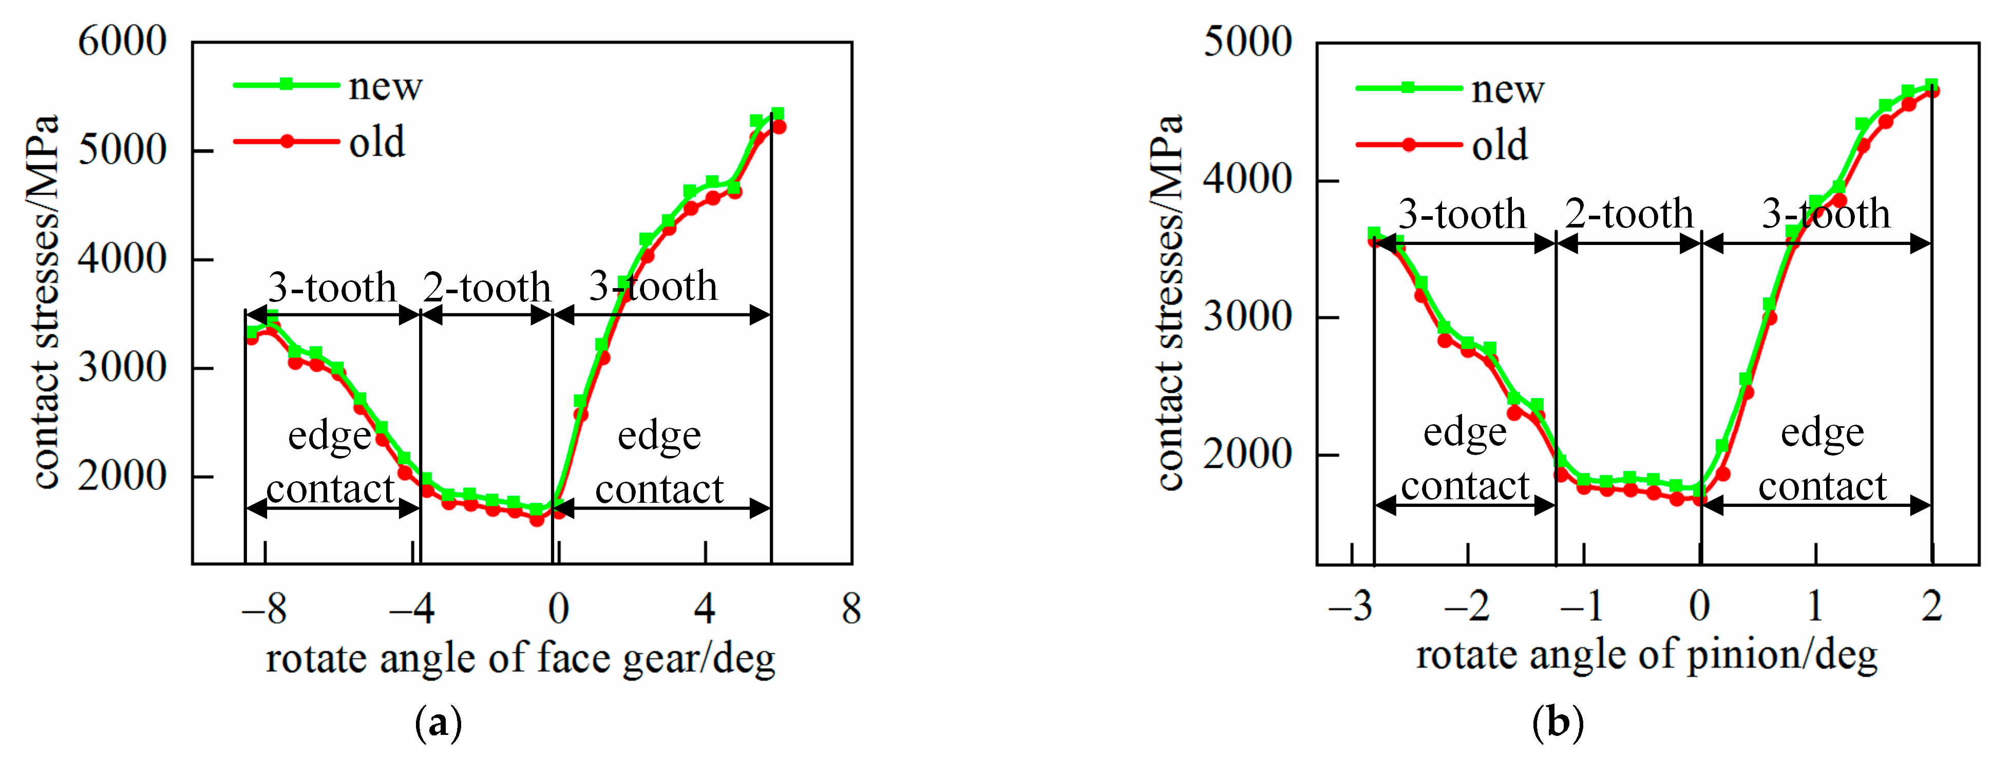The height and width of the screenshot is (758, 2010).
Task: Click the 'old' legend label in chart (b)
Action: click(1499, 145)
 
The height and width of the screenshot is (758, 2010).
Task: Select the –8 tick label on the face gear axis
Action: click(264, 608)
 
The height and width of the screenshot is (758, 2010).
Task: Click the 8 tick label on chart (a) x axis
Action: click(851, 608)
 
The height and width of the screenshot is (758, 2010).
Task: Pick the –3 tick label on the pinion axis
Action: click(1350, 606)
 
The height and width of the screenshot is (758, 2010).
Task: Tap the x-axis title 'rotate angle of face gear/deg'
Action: click(520, 657)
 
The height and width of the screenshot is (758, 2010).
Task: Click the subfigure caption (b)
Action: click(1558, 722)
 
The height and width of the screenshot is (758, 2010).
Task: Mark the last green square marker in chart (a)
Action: click(777, 114)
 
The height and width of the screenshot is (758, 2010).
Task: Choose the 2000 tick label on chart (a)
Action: click(123, 476)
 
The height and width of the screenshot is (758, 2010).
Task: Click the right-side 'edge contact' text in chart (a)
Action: click(659, 462)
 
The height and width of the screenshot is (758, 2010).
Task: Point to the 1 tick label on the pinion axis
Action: click(1815, 606)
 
